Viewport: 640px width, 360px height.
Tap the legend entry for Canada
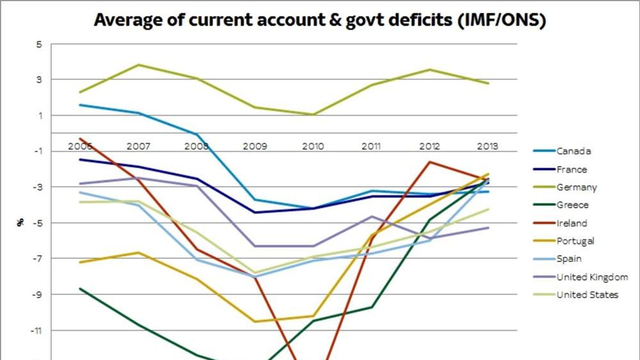pos(573,151)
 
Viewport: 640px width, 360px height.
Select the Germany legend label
pos(576,187)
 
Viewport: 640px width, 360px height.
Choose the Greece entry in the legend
pos(572,205)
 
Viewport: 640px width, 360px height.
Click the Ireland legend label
pos(572,223)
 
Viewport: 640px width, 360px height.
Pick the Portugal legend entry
pos(575,241)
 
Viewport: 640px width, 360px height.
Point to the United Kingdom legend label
pos(592,277)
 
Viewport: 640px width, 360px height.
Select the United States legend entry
pos(587,295)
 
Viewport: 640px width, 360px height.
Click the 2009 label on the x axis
pos(255,146)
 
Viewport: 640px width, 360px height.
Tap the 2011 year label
pos(371,146)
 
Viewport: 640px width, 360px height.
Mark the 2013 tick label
pos(487,146)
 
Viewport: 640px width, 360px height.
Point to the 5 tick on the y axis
pos(39,44)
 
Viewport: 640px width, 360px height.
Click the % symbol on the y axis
pos(20,222)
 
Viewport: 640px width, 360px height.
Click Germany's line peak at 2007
pos(138,65)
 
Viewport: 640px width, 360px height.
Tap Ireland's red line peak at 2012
pos(430,162)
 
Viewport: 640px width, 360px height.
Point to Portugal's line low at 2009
pos(255,321)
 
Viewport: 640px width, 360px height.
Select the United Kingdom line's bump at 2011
pos(372,216)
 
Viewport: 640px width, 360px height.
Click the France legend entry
pos(572,170)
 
